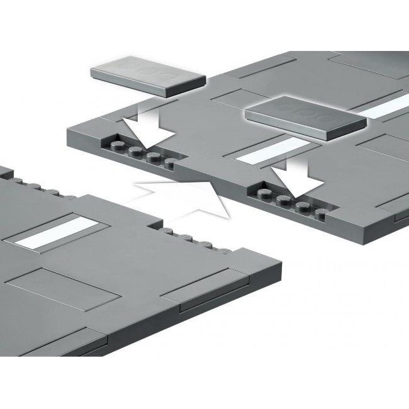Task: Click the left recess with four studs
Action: pos(142,154)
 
